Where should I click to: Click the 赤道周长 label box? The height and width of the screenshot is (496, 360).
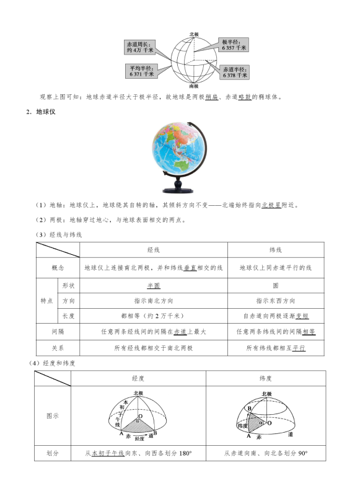[140, 46]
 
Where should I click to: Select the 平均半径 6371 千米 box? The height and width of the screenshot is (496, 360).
[141, 70]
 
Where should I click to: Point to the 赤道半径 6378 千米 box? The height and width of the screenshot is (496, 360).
[235, 71]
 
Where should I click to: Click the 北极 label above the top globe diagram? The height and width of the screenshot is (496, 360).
[194, 33]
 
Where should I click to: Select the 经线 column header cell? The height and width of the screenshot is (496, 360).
[154, 249]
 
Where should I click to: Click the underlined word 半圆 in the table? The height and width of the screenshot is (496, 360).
[154, 286]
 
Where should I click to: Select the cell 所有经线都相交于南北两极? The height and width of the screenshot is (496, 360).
[154, 348]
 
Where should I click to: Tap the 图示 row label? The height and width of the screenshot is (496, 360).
[53, 415]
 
